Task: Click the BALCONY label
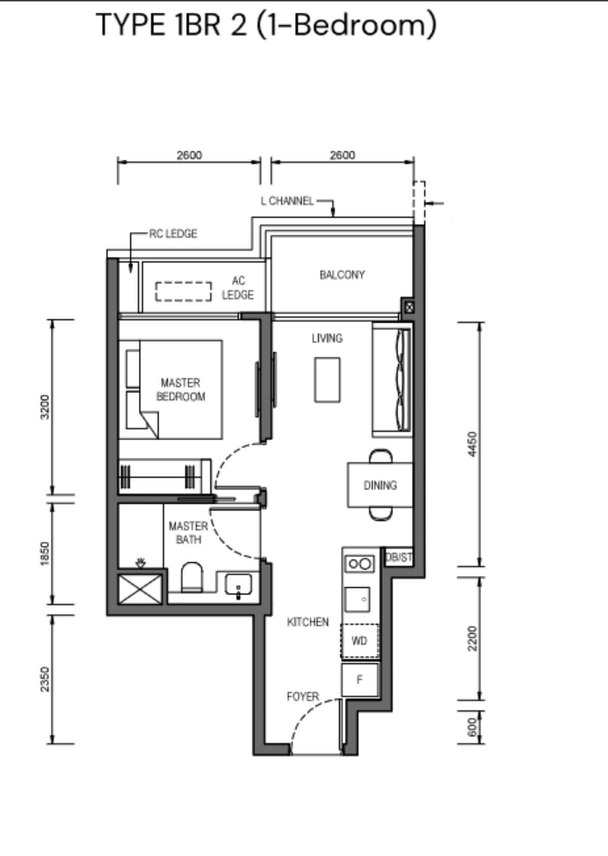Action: point(342,275)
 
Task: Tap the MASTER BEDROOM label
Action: point(181,390)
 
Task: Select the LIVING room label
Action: point(327,338)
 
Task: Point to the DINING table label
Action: point(380,485)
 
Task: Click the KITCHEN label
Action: point(308,622)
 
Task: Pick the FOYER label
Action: point(302,696)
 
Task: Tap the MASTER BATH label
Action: point(188,533)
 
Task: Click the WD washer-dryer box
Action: point(360,641)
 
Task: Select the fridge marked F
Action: point(360,680)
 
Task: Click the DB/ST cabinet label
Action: point(399,558)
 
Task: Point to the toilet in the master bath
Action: point(192,577)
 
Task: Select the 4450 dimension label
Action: point(473,444)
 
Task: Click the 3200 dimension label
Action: point(45,407)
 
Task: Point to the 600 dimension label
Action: point(473,727)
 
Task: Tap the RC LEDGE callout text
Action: point(173,234)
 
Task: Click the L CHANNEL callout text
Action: point(287,201)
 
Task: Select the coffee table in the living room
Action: point(327,380)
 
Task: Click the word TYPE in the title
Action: point(130,25)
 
